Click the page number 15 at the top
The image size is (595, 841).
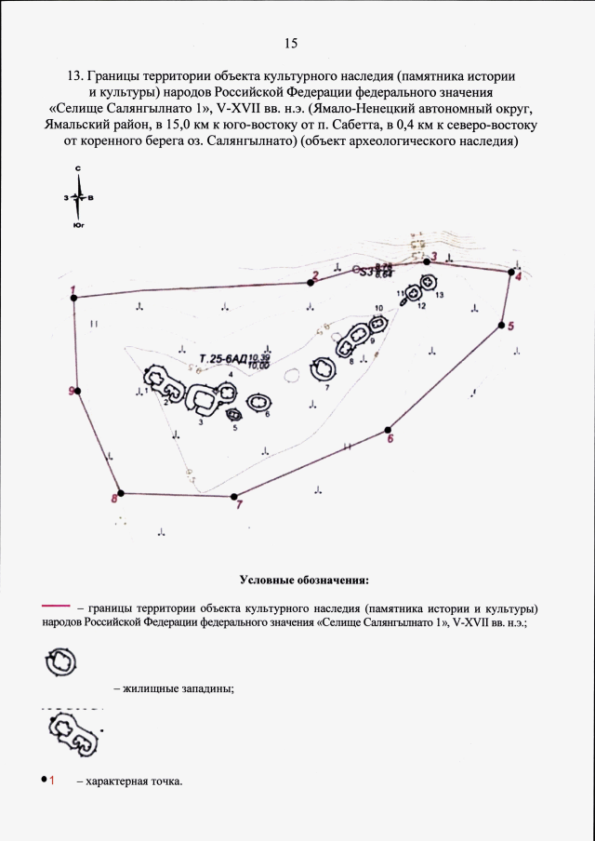(x=291, y=44)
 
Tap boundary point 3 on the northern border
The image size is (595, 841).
(x=427, y=263)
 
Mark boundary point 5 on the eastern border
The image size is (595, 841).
(x=501, y=326)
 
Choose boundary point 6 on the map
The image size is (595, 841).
(x=388, y=431)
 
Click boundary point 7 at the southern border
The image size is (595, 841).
(x=233, y=496)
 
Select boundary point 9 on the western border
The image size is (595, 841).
(x=78, y=391)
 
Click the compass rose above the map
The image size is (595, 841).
(x=80, y=197)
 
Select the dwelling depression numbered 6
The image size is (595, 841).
(x=260, y=403)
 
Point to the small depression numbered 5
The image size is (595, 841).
(x=232, y=416)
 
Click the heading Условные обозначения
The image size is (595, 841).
(x=304, y=581)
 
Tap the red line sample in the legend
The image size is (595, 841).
(x=57, y=606)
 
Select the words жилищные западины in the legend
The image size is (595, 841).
(x=173, y=688)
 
